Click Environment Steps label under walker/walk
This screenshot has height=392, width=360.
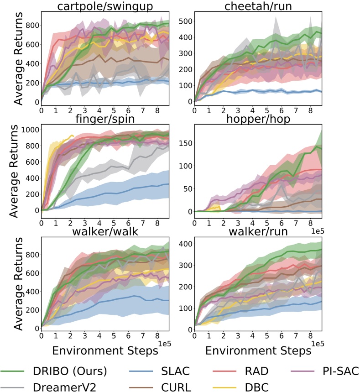click(106, 351)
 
